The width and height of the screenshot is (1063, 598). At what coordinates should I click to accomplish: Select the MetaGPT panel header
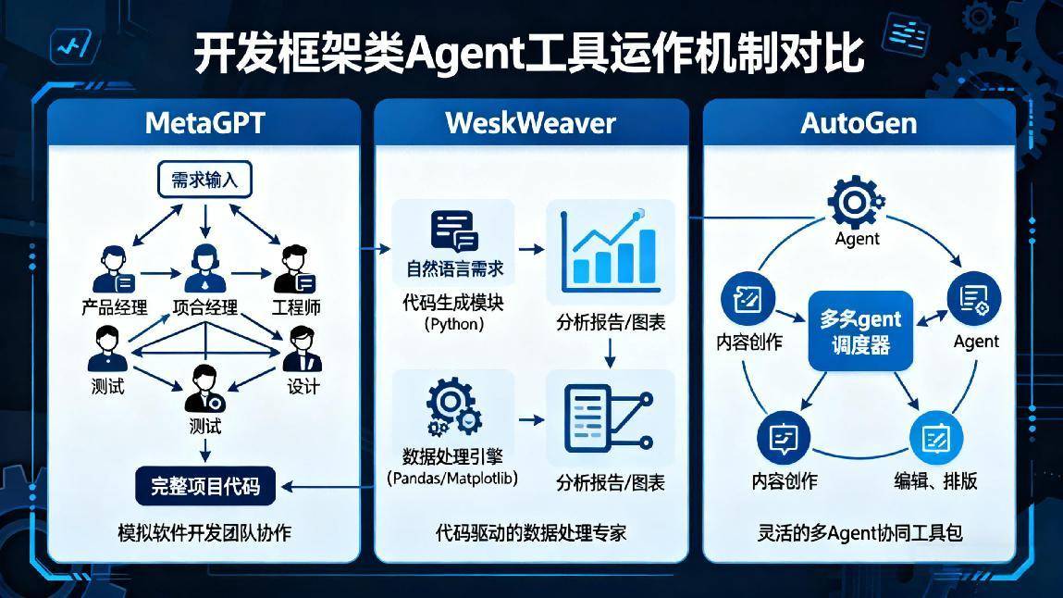(204, 123)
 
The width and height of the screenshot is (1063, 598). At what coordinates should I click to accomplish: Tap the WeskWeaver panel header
(530, 123)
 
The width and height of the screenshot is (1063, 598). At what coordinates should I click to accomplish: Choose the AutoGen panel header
(859, 123)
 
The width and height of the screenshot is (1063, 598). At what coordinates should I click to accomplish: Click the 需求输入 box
(204, 179)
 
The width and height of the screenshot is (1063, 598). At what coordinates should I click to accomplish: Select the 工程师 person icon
(294, 269)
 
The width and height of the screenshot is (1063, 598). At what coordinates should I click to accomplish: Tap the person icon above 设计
(302, 349)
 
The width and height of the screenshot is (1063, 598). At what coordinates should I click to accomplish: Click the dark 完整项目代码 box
(205, 486)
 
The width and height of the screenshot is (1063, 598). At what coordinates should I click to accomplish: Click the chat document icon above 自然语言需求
(453, 231)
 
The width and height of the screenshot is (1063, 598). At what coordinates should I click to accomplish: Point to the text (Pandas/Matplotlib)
(452, 479)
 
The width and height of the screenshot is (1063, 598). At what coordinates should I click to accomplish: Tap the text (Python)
(453, 325)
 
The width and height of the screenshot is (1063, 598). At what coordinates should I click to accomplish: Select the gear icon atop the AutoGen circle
(856, 202)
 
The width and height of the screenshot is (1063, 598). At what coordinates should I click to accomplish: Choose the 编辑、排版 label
(935, 480)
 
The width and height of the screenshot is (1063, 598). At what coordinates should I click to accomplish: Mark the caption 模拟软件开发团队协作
(204, 533)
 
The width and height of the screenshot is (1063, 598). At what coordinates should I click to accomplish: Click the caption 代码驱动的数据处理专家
(531, 533)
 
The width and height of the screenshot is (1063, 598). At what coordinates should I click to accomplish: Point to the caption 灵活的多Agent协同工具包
(859, 533)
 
